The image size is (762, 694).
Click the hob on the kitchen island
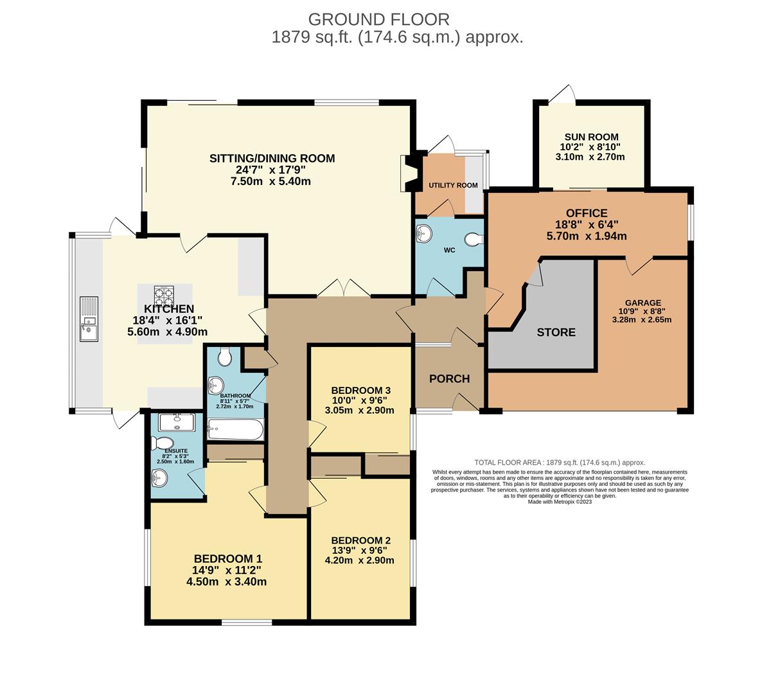(164, 296)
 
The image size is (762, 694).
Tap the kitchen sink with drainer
(89, 319)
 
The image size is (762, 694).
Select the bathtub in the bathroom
(236, 430)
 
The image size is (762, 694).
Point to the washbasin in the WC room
(424, 233)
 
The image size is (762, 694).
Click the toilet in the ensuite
(163, 443)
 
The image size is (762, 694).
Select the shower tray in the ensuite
(177, 423)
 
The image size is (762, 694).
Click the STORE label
(556, 332)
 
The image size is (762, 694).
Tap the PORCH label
(450, 378)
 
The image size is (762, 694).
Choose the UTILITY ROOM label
(453, 185)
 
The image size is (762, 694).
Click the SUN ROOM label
(592, 137)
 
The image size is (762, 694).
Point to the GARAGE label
(643, 303)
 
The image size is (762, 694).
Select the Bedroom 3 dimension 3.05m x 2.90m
(360, 410)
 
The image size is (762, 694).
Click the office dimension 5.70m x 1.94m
(587, 236)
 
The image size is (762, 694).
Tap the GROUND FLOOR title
(379, 19)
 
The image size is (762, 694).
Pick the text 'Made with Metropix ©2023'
(560, 502)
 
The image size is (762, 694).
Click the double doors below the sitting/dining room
(343, 288)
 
